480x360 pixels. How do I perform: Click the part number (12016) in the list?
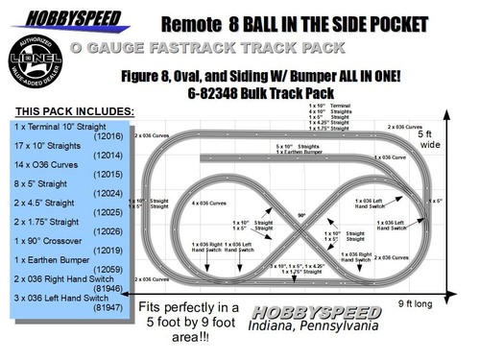[108, 137]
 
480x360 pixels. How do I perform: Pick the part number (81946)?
[108, 288]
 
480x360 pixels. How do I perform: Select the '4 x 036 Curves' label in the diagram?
[205, 204]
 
